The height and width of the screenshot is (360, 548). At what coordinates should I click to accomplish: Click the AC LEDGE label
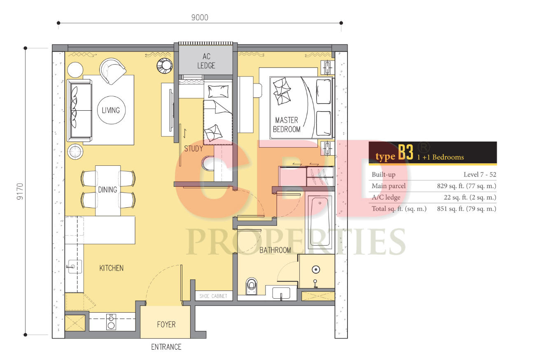pyautogui.click(x=206, y=61)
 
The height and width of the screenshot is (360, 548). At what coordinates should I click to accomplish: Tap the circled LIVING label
pyautogui.click(x=111, y=110)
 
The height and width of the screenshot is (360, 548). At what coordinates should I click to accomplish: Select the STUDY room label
pyautogui.click(x=194, y=149)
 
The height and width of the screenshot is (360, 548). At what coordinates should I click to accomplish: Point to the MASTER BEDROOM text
pyautogui.click(x=287, y=125)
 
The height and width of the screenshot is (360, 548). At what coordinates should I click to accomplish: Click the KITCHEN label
pyautogui.click(x=111, y=268)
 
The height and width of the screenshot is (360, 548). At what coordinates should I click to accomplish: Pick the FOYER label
pyautogui.click(x=166, y=325)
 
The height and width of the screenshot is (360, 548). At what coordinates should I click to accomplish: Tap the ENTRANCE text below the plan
pyautogui.click(x=166, y=347)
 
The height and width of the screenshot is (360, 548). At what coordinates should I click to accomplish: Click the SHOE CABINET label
pyautogui.click(x=213, y=296)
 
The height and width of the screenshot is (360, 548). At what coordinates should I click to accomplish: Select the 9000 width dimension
pyautogui.click(x=200, y=18)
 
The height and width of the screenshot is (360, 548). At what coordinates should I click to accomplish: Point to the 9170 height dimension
pyautogui.click(x=20, y=191)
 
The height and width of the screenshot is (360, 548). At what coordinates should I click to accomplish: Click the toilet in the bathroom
pyautogui.click(x=251, y=286)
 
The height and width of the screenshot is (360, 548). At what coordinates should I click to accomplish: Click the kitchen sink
pyautogui.click(x=73, y=267)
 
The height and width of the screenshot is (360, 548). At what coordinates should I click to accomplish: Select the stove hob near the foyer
pyautogui.click(x=111, y=322)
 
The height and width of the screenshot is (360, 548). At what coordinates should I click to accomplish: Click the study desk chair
pyautogui.click(x=208, y=163)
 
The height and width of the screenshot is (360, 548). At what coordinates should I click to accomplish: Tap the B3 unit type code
pyautogui.click(x=406, y=152)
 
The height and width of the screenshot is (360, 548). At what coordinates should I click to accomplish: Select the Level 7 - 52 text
pyautogui.click(x=480, y=174)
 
